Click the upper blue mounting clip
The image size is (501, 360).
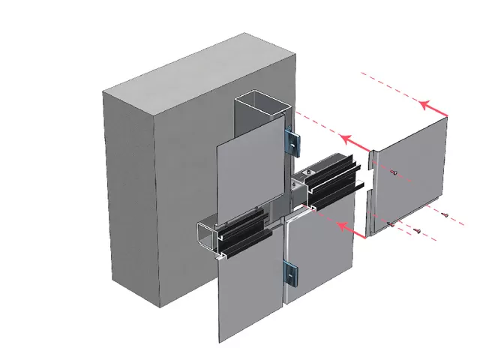coord(291,139)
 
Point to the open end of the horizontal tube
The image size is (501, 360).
coord(205,235)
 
